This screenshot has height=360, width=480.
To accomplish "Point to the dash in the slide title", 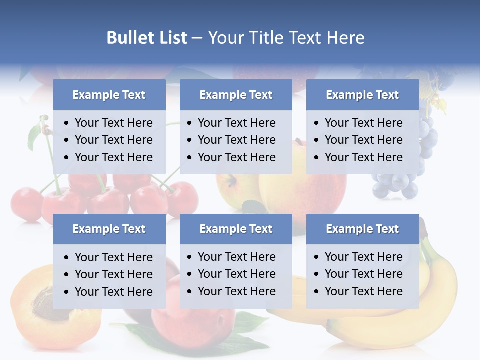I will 197,38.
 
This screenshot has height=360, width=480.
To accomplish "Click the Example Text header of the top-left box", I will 109,95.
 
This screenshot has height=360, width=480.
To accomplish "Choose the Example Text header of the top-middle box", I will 236,95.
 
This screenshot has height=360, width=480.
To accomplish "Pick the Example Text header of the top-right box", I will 362,95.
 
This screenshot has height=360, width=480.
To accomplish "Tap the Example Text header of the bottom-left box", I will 109,229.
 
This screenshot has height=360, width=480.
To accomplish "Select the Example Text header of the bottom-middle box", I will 236,229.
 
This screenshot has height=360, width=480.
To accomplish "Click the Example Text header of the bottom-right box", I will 362,229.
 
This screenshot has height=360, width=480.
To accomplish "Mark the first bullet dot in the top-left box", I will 67,123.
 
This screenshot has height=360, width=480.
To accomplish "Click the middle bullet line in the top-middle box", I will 236,140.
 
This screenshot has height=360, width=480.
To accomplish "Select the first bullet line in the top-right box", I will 363,123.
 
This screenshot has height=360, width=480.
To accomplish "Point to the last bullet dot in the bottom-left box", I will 67,292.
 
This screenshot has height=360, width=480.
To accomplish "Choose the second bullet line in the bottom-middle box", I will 236,274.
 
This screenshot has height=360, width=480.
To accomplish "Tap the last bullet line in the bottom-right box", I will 363,291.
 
